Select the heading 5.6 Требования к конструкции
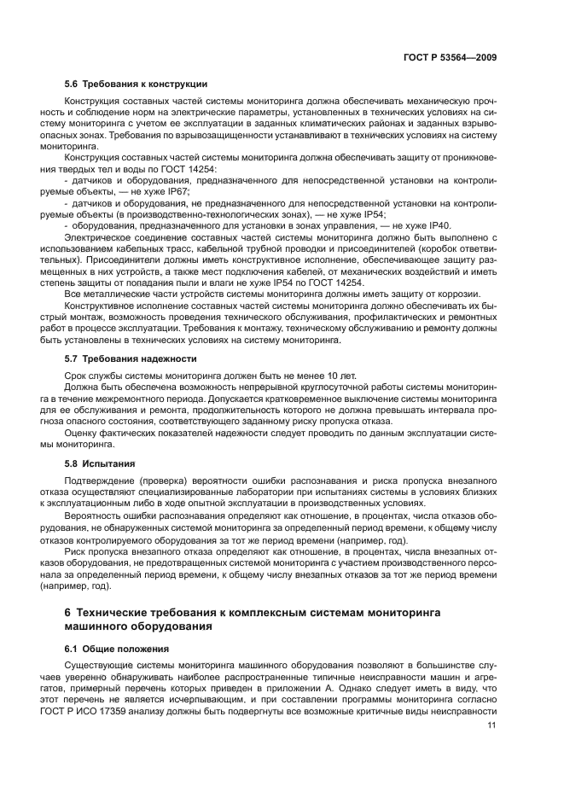pos(136,84)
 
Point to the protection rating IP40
pos(440,225)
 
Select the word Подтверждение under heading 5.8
pos(102,481)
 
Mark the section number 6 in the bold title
pos(68,612)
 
